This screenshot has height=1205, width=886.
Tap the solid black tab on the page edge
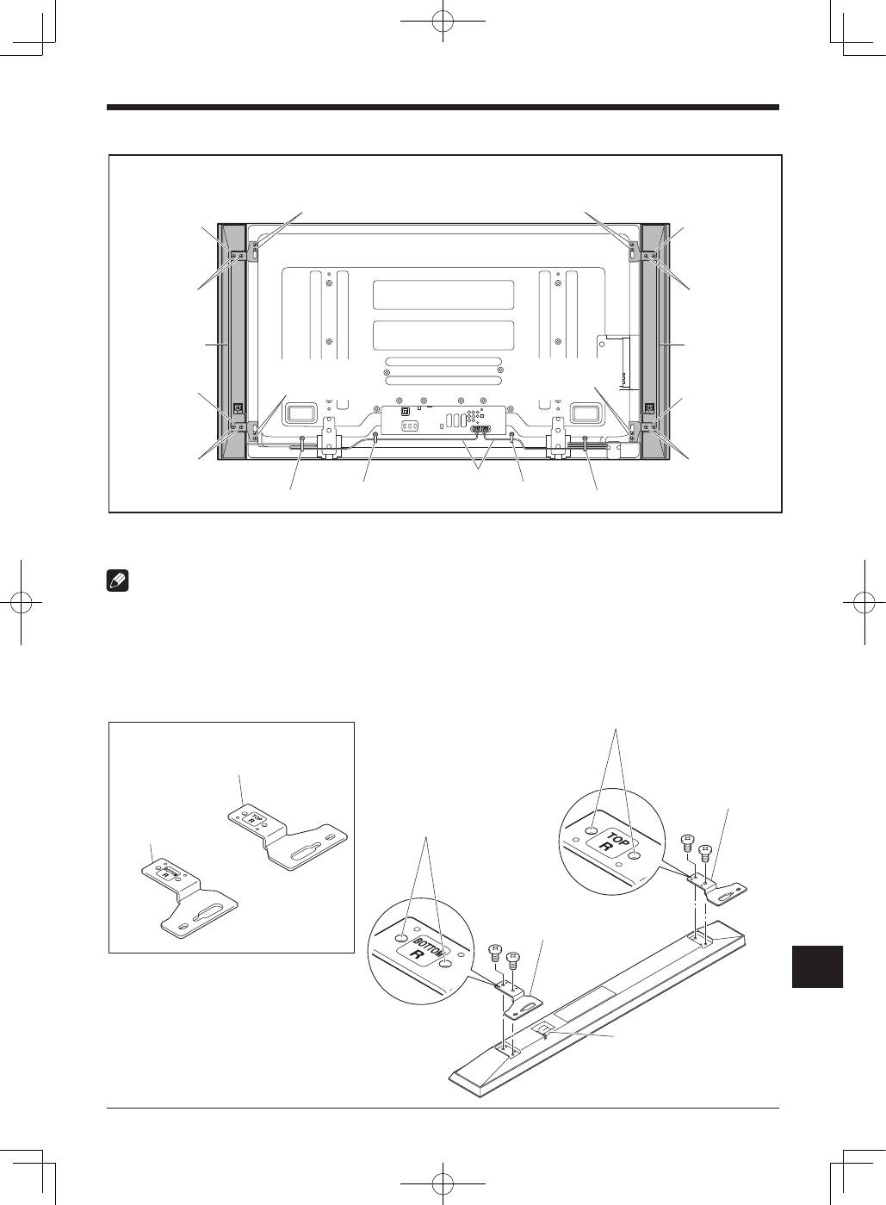[817, 966]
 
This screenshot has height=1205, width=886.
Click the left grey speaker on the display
[232, 342]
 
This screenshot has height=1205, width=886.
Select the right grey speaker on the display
[655, 342]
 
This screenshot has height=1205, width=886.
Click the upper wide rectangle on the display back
[443, 295]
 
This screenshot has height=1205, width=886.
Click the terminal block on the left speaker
[239, 408]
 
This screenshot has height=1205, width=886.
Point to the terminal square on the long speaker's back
[543, 1028]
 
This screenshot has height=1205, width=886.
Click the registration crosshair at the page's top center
[443, 22]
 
